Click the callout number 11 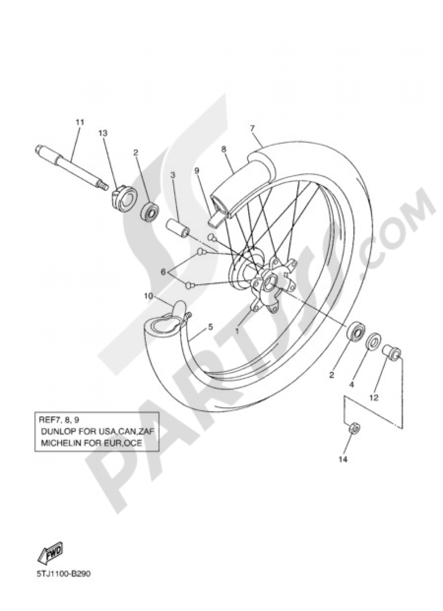click(79, 121)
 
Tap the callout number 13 click(103, 133)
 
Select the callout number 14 click(343, 460)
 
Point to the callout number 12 click(373, 398)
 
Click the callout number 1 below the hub click(237, 330)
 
